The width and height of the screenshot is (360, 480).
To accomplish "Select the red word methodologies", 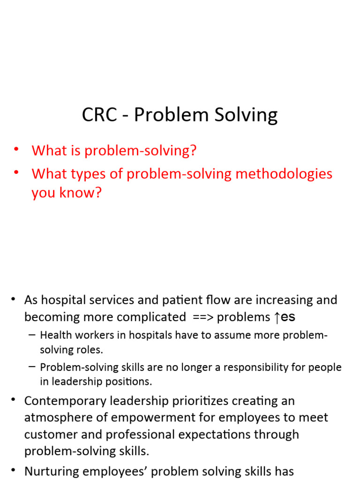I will [x=284, y=174].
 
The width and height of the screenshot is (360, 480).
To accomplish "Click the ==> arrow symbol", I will [x=203, y=317].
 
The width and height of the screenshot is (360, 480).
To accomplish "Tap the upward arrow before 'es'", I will [x=277, y=317].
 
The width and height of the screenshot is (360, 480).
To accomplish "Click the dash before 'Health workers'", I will [x=32, y=335].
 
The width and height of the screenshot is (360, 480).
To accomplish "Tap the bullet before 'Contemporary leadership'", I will [x=14, y=400].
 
